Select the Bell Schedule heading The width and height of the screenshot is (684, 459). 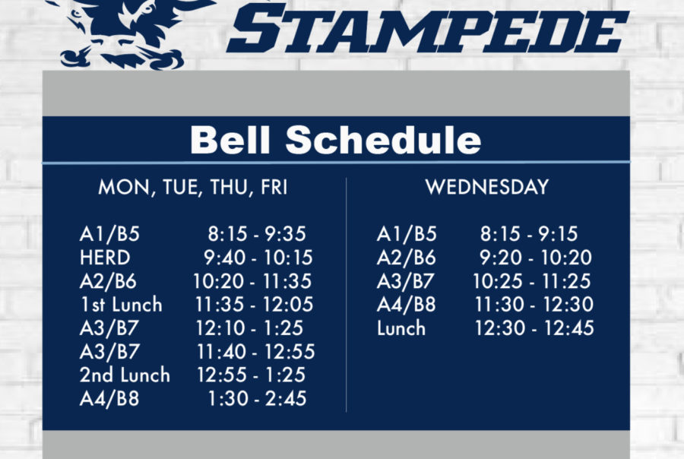[335, 140]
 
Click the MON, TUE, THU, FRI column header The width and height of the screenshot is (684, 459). [193, 188]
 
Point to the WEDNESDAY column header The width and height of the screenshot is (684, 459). [487, 187]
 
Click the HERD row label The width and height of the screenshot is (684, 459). [105, 258]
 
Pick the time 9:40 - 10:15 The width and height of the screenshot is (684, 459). [258, 258]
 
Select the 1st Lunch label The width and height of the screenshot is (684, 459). [121, 305]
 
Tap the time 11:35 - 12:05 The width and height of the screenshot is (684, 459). [254, 305]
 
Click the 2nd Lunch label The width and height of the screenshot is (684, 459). [125, 375]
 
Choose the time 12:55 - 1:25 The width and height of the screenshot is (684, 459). [252, 375]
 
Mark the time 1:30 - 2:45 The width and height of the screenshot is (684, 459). [258, 399]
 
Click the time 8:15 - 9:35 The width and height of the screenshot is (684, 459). [257, 234]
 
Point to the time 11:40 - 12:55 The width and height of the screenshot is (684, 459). [255, 352]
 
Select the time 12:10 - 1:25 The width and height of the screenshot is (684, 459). [249, 328]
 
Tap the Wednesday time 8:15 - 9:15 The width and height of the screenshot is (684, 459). [529, 234]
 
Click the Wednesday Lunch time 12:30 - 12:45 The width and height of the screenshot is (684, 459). [534, 328]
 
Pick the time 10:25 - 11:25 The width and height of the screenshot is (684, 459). [532, 281]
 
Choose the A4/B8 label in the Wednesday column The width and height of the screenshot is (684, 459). [406, 305]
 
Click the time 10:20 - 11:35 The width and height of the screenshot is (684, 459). [252, 281]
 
